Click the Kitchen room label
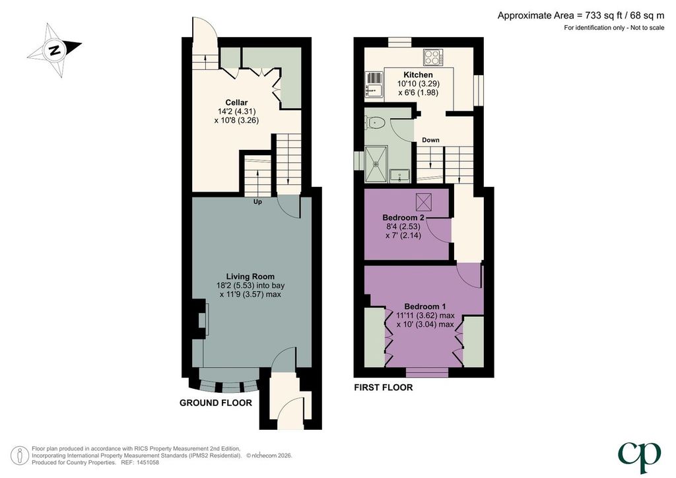(418, 75)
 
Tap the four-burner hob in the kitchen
(433, 57)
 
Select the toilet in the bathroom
(374, 123)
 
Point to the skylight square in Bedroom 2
(424, 202)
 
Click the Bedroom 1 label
(424, 306)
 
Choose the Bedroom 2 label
(403, 218)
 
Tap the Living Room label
(250, 277)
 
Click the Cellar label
(237, 102)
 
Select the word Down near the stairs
(430, 140)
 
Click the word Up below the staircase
(257, 202)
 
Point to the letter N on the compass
(54, 50)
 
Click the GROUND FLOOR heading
(216, 403)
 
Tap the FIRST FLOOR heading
(384, 388)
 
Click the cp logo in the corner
(639, 457)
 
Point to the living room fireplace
(201, 320)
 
